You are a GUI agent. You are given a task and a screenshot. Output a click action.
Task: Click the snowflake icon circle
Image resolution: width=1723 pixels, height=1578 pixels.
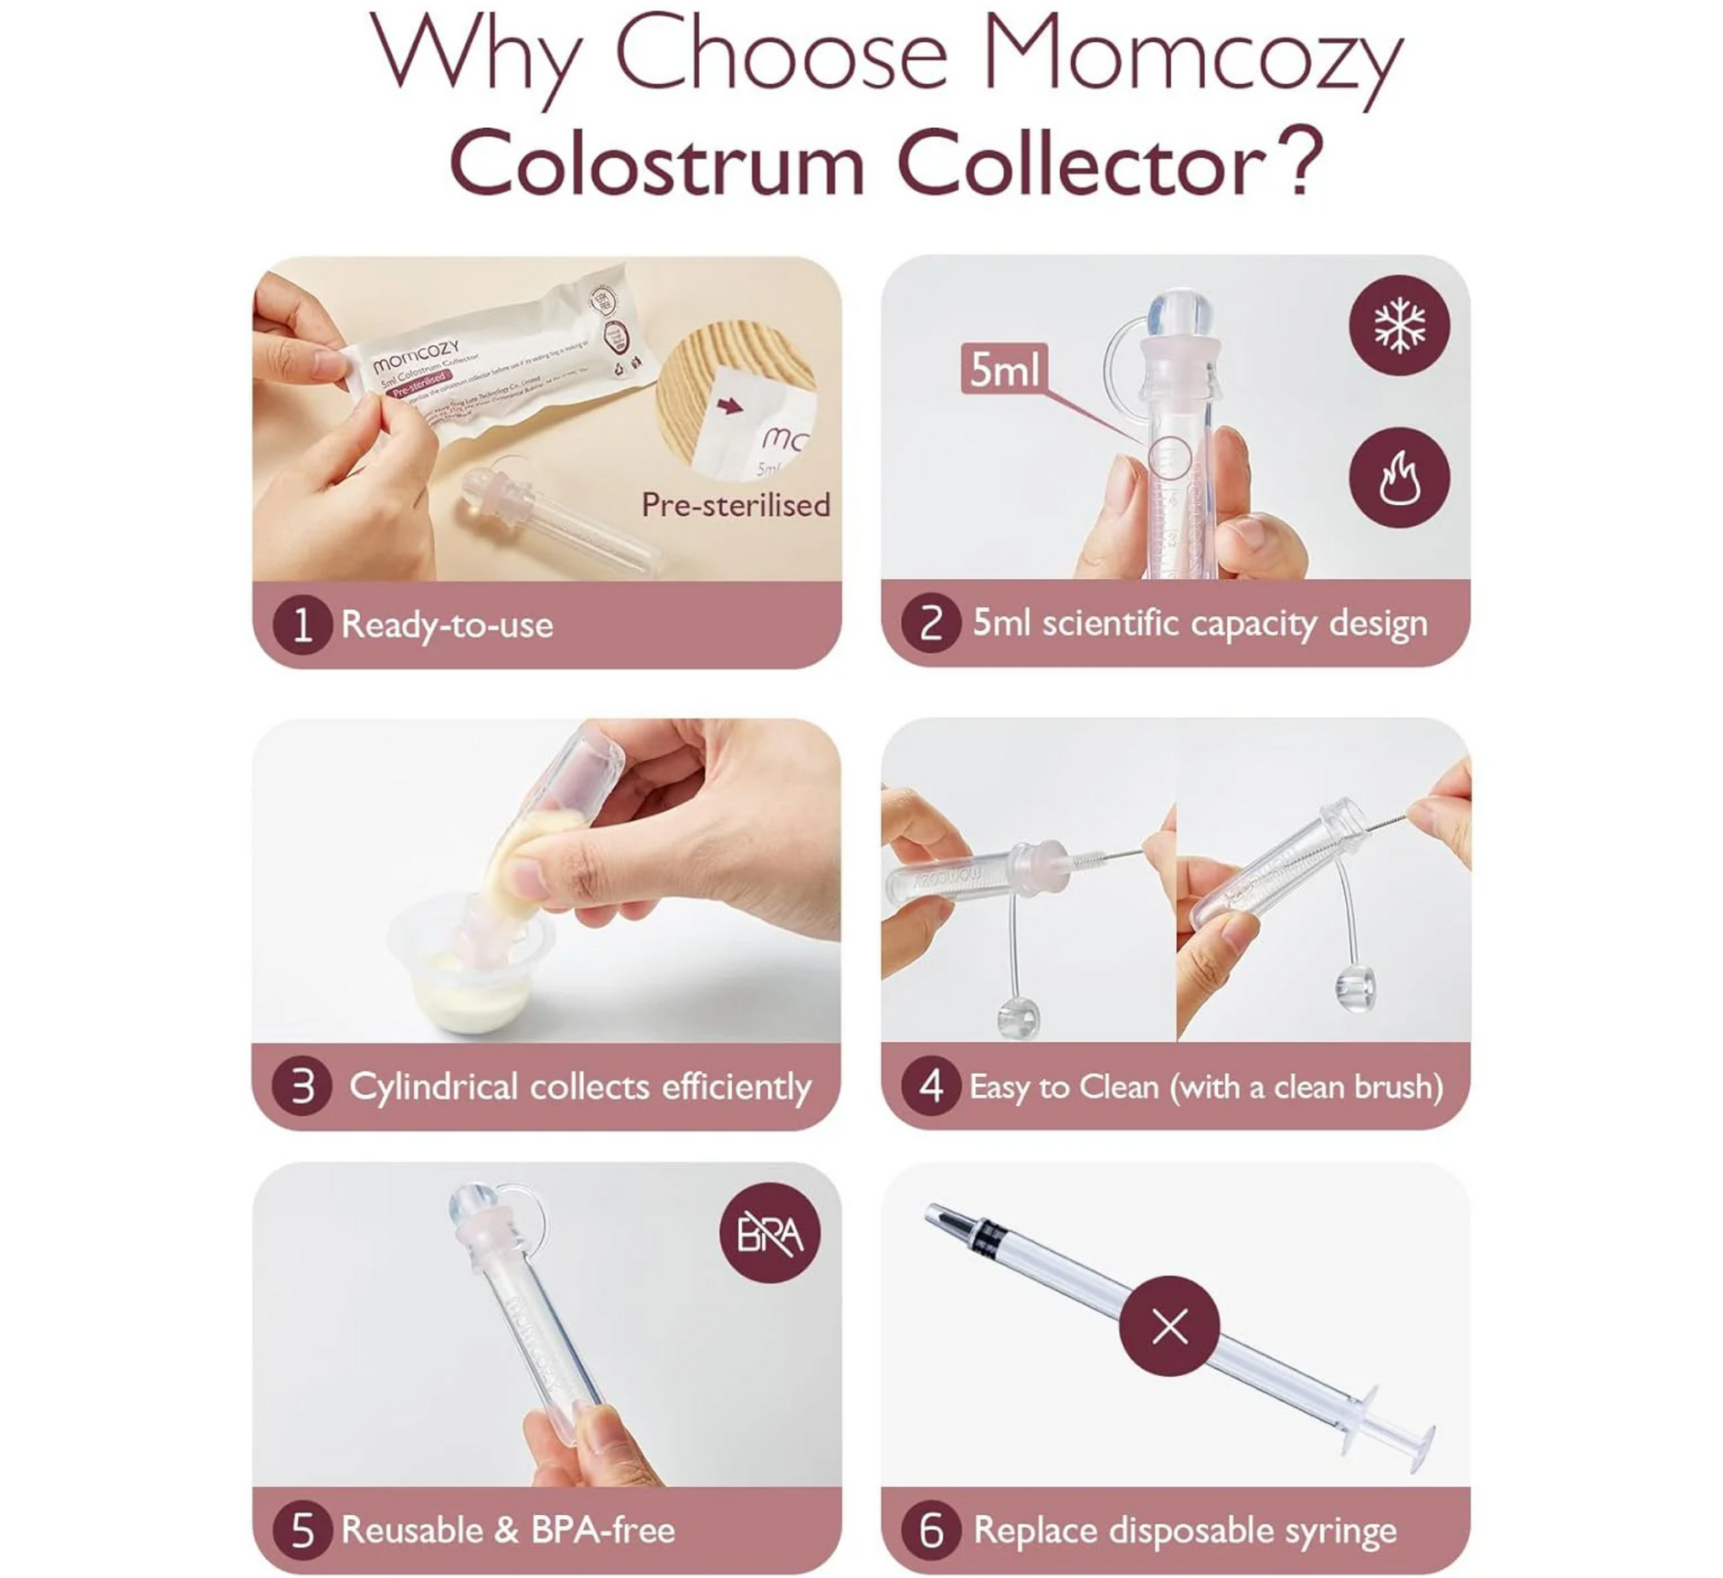coord(1399,325)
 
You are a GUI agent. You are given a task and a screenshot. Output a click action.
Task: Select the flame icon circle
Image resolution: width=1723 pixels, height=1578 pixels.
coord(1399,477)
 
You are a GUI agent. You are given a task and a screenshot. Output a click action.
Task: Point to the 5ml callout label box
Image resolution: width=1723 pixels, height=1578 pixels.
coord(1004,369)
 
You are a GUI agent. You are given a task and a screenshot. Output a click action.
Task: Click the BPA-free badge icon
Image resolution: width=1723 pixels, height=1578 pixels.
coord(769,1233)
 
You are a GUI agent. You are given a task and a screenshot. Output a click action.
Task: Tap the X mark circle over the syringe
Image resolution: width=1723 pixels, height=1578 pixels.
coord(1169,1326)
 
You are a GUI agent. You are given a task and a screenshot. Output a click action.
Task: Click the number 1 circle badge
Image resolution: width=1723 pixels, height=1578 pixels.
coord(302,624)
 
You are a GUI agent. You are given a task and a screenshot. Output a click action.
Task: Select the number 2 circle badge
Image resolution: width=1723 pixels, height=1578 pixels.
coord(930,623)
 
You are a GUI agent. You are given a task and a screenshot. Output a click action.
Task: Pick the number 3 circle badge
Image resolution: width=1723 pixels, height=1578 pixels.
coord(302,1087)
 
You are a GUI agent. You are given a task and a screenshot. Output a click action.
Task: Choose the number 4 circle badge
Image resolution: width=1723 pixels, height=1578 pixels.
coord(930,1087)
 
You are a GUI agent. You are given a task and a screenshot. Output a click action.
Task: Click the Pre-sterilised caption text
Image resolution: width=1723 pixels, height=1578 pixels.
coord(736,505)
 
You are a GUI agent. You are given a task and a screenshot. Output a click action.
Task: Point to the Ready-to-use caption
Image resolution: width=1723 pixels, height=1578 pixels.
coord(447,624)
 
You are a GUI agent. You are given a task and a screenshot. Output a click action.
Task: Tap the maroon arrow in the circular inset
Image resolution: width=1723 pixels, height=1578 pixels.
coord(729,405)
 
